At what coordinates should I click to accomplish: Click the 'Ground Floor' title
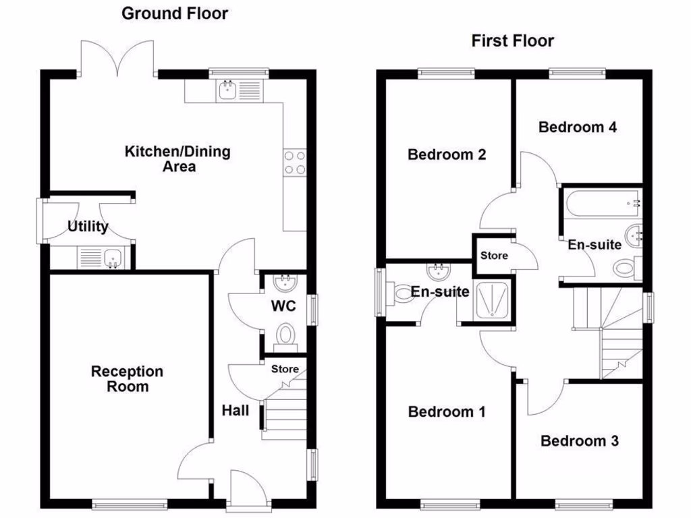175,13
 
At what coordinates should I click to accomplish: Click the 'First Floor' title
512,41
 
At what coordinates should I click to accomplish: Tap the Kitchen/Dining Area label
177,159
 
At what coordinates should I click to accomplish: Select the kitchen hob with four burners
295,162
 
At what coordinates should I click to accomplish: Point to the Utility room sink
112,257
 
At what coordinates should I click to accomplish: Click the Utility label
88,227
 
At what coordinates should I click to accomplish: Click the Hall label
236,410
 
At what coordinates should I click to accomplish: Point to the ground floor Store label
285,369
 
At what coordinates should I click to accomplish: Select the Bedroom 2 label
447,154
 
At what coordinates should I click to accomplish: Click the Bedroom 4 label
578,127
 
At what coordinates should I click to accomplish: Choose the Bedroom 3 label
580,441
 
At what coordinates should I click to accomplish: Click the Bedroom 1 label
447,411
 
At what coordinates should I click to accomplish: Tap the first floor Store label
494,256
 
